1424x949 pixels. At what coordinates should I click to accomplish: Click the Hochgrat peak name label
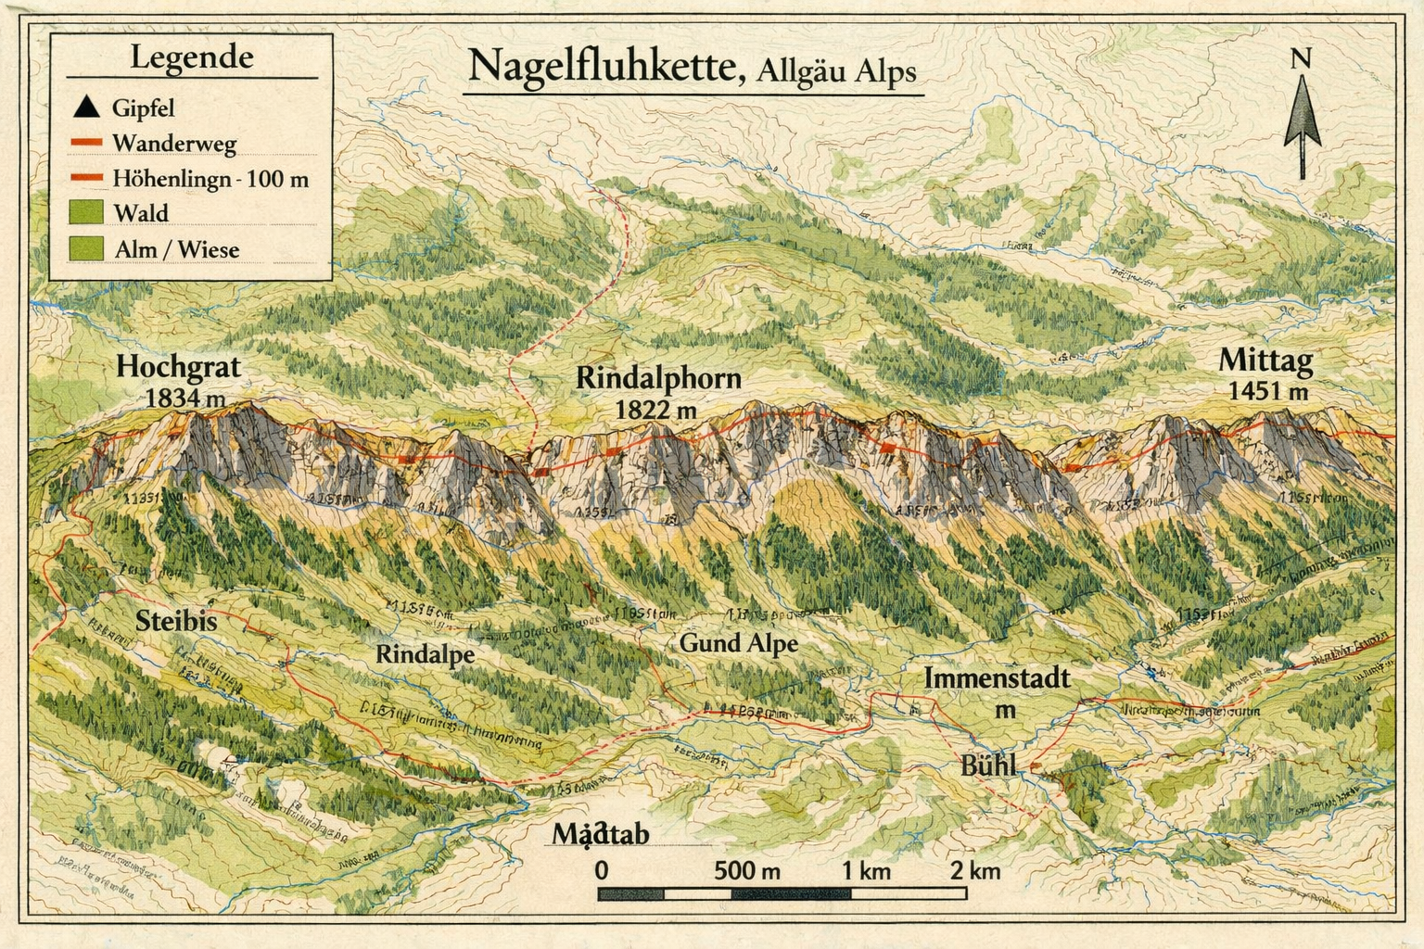178,367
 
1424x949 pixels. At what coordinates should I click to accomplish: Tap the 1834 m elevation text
185,399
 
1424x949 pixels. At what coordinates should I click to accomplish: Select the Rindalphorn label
658,378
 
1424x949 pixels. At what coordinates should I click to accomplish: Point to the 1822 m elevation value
655,408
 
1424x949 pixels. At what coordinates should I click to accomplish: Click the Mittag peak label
1266,361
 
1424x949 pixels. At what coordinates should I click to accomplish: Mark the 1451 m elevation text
1268,391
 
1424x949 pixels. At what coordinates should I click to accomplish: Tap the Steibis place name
176,620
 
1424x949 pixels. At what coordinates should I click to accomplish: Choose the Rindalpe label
425,653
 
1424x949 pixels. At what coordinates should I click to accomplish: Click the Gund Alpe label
738,642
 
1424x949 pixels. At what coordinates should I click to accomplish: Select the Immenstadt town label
997,678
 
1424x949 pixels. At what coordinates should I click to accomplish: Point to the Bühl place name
987,766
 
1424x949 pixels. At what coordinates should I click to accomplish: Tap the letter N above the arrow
1302,59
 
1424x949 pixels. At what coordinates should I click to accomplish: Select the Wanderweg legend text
174,143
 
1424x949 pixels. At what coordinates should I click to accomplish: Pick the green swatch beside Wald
85,212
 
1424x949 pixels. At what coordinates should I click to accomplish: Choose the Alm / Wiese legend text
176,249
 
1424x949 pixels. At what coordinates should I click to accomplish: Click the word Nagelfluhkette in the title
604,67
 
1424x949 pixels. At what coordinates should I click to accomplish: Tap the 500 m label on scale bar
747,870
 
